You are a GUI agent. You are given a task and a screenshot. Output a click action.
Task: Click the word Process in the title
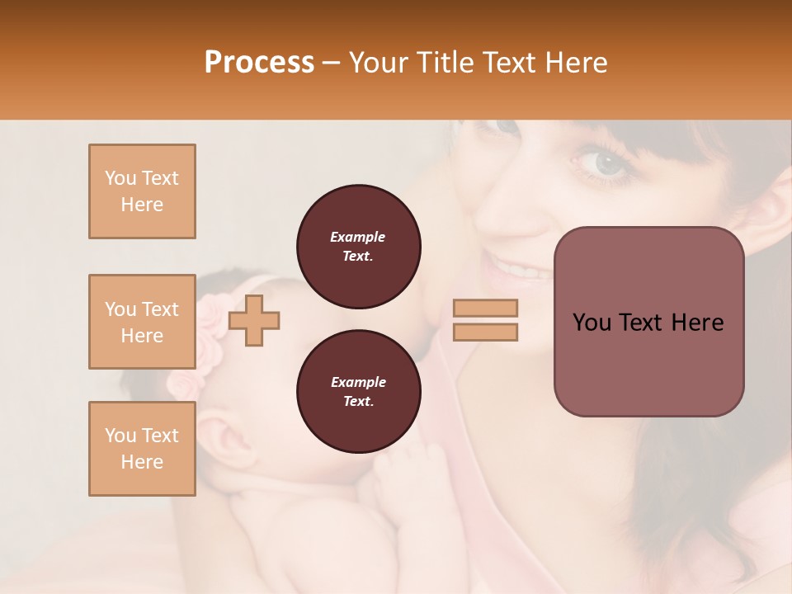[x=259, y=63]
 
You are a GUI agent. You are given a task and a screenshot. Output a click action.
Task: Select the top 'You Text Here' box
[x=142, y=191]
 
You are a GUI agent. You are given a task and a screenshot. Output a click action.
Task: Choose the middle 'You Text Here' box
[x=142, y=322]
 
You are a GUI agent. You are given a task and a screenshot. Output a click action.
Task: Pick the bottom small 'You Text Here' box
[x=142, y=449]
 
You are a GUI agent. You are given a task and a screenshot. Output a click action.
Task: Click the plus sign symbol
[x=254, y=319]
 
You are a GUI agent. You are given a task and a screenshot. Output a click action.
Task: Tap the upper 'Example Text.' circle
[x=358, y=247]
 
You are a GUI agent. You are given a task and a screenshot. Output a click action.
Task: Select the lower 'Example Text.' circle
[x=358, y=392]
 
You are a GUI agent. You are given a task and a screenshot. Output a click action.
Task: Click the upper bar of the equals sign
[x=485, y=308]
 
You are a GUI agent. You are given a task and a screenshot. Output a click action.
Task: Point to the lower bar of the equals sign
[x=485, y=332]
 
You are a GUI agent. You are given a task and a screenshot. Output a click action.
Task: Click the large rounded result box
[x=648, y=322]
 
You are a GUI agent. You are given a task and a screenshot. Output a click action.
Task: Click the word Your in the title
[x=380, y=63]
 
